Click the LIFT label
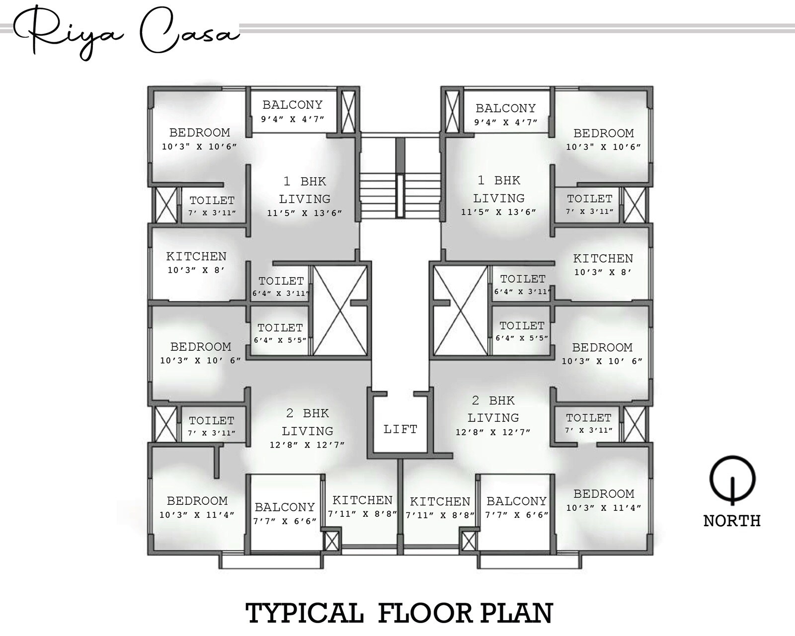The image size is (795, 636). point(400,429)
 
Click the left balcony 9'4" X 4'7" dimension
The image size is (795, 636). point(292,119)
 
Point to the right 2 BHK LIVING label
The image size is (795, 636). point(493,409)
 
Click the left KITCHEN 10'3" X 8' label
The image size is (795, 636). point(196,263)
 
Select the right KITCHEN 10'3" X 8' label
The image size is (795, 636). point(603,265)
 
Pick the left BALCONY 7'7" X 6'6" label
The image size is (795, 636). point(285,513)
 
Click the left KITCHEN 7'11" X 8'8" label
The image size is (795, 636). point(362,506)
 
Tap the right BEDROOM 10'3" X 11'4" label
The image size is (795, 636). point(603,500)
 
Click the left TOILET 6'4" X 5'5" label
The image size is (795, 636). point(280,333)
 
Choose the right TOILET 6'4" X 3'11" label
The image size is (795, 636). point(522,284)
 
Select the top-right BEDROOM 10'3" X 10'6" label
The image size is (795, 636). point(603,139)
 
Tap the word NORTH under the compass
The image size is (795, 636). point(731,521)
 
